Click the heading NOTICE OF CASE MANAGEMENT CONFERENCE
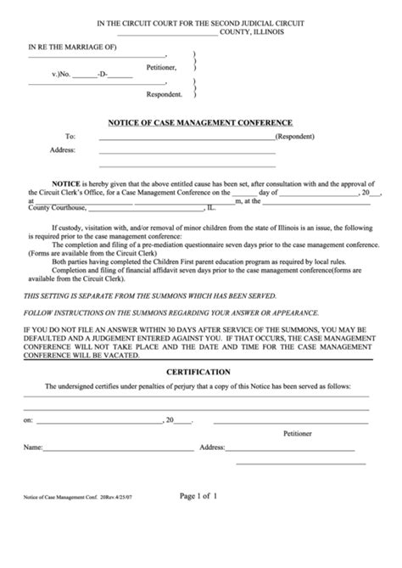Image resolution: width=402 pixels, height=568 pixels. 201,122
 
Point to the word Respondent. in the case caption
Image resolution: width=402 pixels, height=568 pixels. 164,94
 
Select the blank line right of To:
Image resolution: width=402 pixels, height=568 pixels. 187,138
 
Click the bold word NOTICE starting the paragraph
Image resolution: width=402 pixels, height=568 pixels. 66,184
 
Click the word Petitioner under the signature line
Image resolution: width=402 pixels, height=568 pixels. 297,433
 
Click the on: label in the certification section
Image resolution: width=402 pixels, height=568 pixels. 28,420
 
